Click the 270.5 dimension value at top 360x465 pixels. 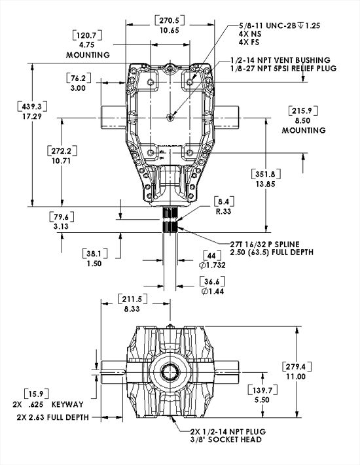(x=170, y=20)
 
